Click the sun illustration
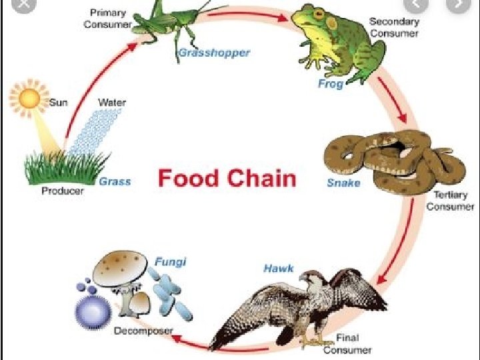(x=29, y=99)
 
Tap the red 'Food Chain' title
(x=227, y=179)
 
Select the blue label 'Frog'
(x=330, y=84)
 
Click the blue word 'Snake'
(x=343, y=183)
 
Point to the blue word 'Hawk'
(x=279, y=269)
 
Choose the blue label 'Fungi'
(x=170, y=261)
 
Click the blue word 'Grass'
(x=115, y=181)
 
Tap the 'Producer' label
(x=63, y=191)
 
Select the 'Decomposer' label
(x=143, y=331)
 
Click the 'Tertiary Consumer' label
(x=451, y=201)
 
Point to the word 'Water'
(x=111, y=103)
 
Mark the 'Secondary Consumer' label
(x=394, y=27)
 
